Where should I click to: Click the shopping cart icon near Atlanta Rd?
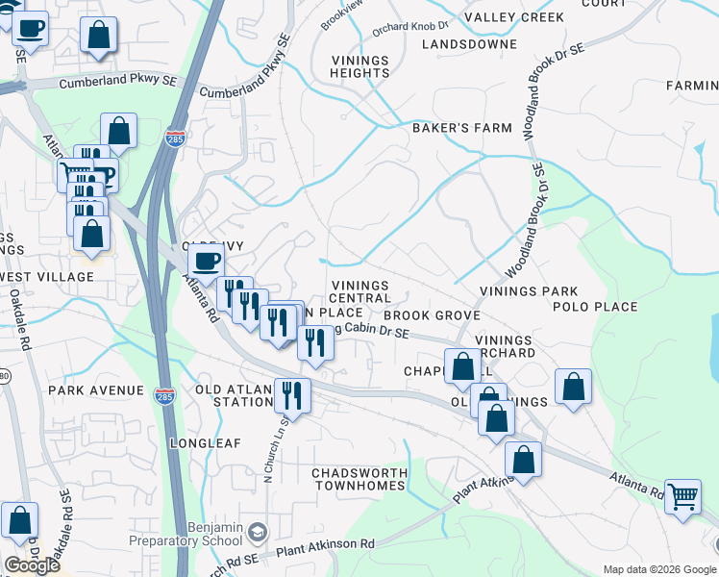[x=682, y=497]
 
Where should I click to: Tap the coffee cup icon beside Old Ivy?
[x=205, y=260]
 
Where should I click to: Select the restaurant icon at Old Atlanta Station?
[x=291, y=394]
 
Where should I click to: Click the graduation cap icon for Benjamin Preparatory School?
[x=257, y=533]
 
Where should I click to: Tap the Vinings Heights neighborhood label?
[x=359, y=66]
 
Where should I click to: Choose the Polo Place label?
[x=595, y=307]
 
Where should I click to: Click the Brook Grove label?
[x=432, y=315]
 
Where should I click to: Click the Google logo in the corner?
[x=32, y=565]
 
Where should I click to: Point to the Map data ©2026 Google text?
[x=658, y=569]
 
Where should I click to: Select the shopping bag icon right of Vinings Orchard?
[x=573, y=387]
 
